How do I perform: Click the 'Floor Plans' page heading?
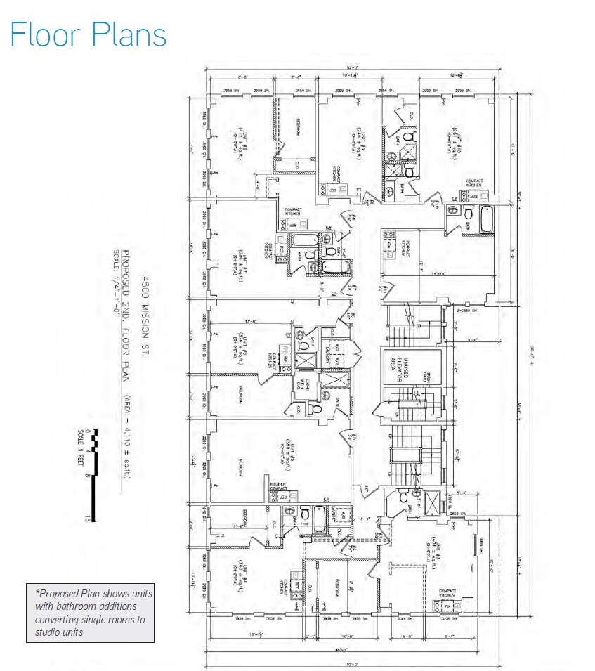(89, 34)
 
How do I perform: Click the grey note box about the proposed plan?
(90, 612)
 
